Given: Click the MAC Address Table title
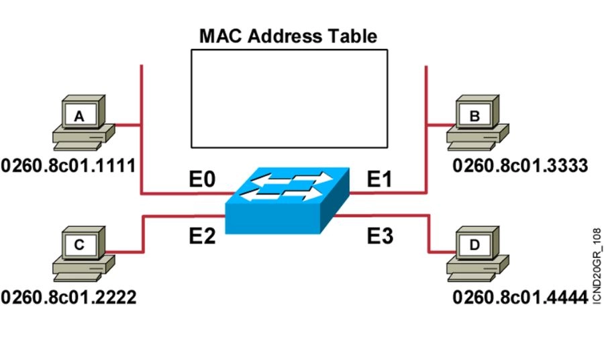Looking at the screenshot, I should coord(288,36).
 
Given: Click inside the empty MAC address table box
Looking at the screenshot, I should coord(289,98).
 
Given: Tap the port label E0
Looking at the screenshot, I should coord(202,180).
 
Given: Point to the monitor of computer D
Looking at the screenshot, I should coord(476,244).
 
